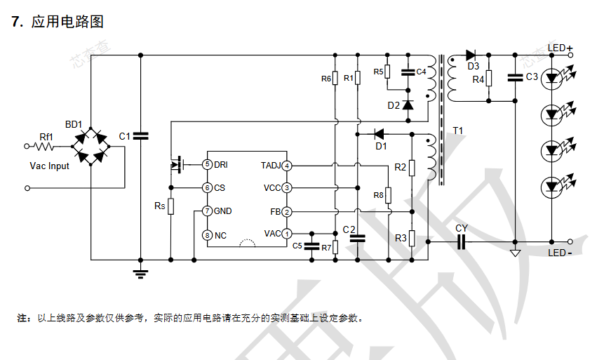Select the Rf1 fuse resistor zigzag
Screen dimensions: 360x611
click(x=46, y=147)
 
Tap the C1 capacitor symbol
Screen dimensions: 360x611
click(x=141, y=135)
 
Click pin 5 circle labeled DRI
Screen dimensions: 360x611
click(x=207, y=164)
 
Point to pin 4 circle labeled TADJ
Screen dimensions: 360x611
click(x=287, y=165)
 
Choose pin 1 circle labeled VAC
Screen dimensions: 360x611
click(x=287, y=233)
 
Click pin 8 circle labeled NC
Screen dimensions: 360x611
click(x=207, y=234)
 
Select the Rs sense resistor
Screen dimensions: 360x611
click(x=170, y=206)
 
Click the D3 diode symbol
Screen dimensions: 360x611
click(x=471, y=55)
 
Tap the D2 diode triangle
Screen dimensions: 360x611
click(x=408, y=105)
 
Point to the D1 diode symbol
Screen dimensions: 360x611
click(x=380, y=133)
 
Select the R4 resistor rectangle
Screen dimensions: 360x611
click(x=489, y=79)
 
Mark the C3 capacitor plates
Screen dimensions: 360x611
click(x=515, y=77)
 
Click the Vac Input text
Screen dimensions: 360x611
click(x=50, y=166)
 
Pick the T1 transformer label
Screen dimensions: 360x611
click(x=458, y=131)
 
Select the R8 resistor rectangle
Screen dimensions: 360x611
click(x=388, y=195)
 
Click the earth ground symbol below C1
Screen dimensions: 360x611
click(x=141, y=272)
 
